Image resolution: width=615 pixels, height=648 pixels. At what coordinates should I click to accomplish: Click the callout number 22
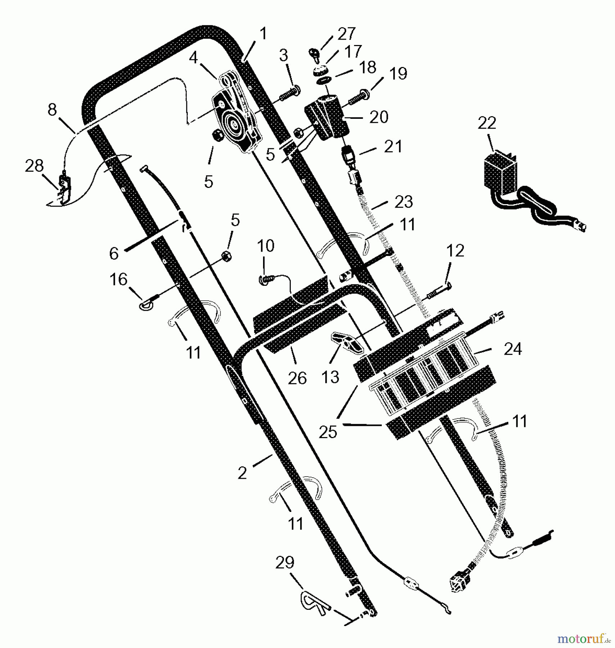click(487, 123)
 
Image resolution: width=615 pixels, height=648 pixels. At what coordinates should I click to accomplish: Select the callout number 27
click(346, 34)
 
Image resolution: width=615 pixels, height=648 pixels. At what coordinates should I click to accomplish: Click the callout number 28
click(34, 166)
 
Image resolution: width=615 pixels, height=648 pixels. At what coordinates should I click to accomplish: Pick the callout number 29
click(285, 562)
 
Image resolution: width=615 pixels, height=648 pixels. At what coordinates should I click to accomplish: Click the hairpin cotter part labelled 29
click(312, 600)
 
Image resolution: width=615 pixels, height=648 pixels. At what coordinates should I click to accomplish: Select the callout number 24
click(512, 348)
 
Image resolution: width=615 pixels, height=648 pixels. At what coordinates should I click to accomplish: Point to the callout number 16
click(118, 279)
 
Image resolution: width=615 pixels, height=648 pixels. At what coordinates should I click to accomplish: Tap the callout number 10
click(266, 246)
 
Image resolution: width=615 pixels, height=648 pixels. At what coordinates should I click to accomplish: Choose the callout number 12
click(455, 251)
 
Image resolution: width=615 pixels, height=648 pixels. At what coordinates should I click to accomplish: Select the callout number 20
click(379, 117)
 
